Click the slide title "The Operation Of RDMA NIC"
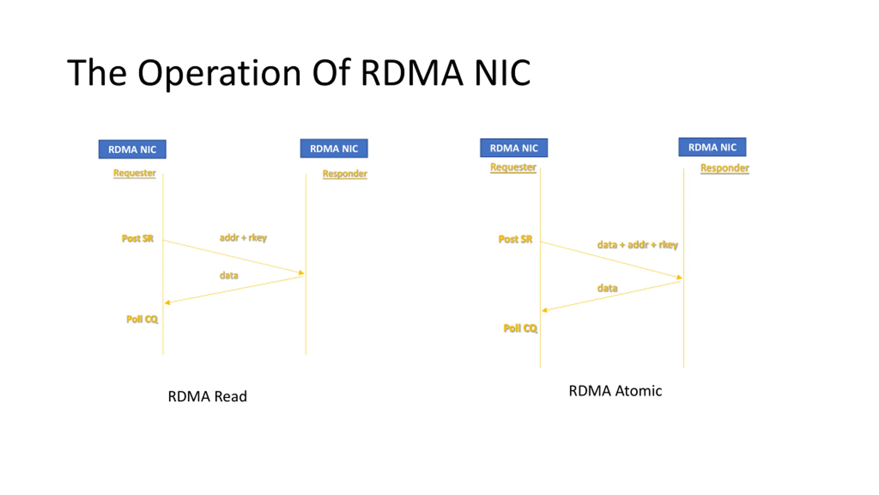coord(299,73)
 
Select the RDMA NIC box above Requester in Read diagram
coord(132,149)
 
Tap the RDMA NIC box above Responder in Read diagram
coord(334,148)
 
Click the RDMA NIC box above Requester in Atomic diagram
coord(514,148)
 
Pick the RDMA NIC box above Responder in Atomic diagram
coord(712,147)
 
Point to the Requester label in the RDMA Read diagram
coord(135,173)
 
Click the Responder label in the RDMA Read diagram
coord(345,174)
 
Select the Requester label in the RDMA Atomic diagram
coord(513,167)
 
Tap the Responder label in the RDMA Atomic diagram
coord(725,168)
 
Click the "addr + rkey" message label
coord(243,238)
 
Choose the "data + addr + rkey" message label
coord(638,245)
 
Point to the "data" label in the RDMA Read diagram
coord(229,275)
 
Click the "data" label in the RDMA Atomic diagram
coord(607,288)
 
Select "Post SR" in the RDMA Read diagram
coord(137,238)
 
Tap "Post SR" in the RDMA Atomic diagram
coord(515,239)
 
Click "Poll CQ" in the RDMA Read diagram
coord(142,319)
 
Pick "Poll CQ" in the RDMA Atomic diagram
coord(520,328)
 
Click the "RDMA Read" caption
coord(207,396)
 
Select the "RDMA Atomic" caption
coord(615,391)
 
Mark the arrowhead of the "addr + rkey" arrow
coord(302,273)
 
